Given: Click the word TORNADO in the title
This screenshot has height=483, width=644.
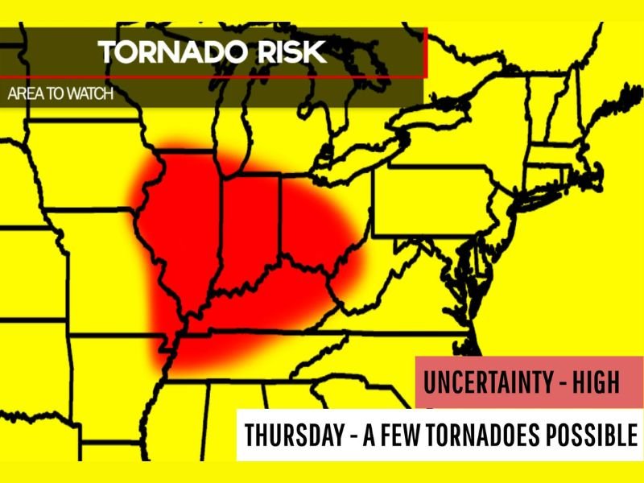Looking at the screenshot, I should coord(165,53).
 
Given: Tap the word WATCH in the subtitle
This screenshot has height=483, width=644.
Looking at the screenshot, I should coord(85,93).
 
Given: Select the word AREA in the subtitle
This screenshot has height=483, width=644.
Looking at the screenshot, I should coord(23,93).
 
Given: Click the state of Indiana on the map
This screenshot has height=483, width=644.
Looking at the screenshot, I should coord(250,229).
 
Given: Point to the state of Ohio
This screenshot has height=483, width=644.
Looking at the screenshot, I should coord(318,217).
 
